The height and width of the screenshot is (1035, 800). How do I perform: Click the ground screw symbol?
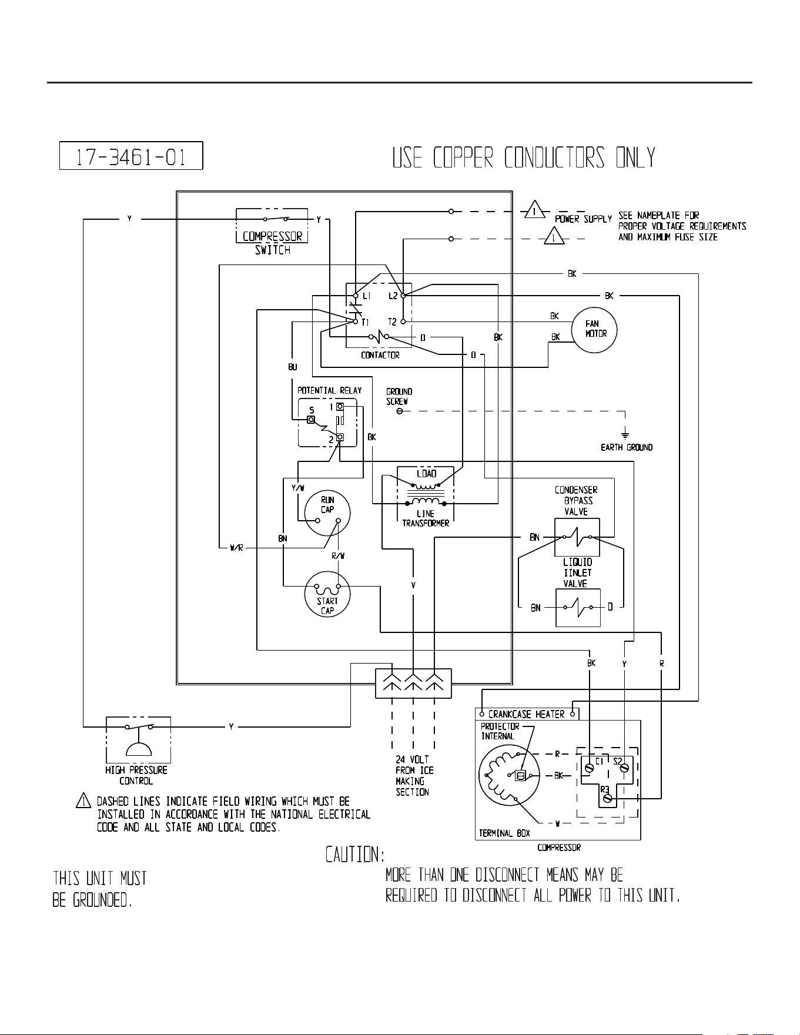(x=400, y=411)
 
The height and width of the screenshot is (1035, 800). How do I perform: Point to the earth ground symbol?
(x=625, y=436)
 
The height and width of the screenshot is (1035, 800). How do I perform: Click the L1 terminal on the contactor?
(x=356, y=296)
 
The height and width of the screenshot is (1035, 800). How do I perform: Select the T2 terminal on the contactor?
(x=403, y=321)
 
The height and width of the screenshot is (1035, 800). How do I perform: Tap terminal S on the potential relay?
(x=312, y=419)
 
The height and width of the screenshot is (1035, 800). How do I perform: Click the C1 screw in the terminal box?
(x=590, y=767)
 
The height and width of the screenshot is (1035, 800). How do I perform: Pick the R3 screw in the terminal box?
(x=608, y=798)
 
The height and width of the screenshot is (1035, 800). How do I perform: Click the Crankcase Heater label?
(x=526, y=714)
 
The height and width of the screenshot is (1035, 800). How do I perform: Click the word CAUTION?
(x=356, y=854)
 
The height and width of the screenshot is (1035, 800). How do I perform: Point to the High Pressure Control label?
(x=136, y=775)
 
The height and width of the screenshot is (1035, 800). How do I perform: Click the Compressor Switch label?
(x=273, y=243)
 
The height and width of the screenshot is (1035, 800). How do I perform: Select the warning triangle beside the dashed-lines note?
(x=83, y=800)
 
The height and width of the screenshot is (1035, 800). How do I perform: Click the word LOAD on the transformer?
(x=427, y=474)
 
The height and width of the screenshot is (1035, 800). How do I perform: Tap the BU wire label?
(x=293, y=367)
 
